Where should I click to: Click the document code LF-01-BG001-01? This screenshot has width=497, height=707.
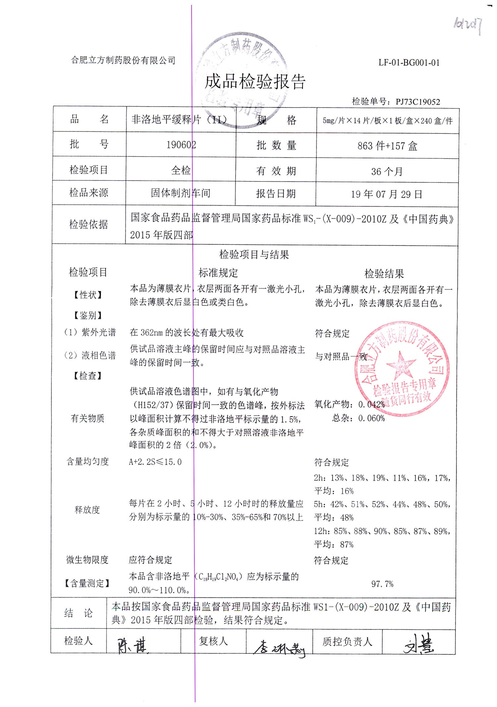coord(409,63)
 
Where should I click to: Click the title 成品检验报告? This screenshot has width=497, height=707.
coord(255,81)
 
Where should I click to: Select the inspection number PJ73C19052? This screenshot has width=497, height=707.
coord(417,102)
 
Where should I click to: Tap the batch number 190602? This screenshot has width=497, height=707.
coord(181,145)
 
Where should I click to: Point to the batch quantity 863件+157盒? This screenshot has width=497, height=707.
coord(387,146)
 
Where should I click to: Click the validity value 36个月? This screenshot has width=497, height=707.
coord(387,171)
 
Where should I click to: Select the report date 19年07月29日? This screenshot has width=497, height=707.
coord(386,194)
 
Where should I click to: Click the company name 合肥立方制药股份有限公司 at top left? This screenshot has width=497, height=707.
coord(123,60)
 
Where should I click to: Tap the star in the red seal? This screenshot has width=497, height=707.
coord(401,365)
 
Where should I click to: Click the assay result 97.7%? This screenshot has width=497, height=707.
coord(382,584)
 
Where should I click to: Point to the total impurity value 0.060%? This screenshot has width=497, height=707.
coord(371,418)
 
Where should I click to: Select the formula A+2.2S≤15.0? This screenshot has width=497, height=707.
coord(155,462)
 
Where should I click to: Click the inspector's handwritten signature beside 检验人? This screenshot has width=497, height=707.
coord(133,645)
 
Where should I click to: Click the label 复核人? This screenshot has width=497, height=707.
coord(213,641)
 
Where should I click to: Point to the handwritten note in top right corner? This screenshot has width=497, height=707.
coord(468,25)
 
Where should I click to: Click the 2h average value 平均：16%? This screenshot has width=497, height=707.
coord(334,491)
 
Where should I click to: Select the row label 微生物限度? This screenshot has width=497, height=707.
coord(87,560)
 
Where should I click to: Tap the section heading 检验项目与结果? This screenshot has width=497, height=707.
coord(254,254)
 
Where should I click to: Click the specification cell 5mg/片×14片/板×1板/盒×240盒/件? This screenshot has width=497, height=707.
coord(387,121)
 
